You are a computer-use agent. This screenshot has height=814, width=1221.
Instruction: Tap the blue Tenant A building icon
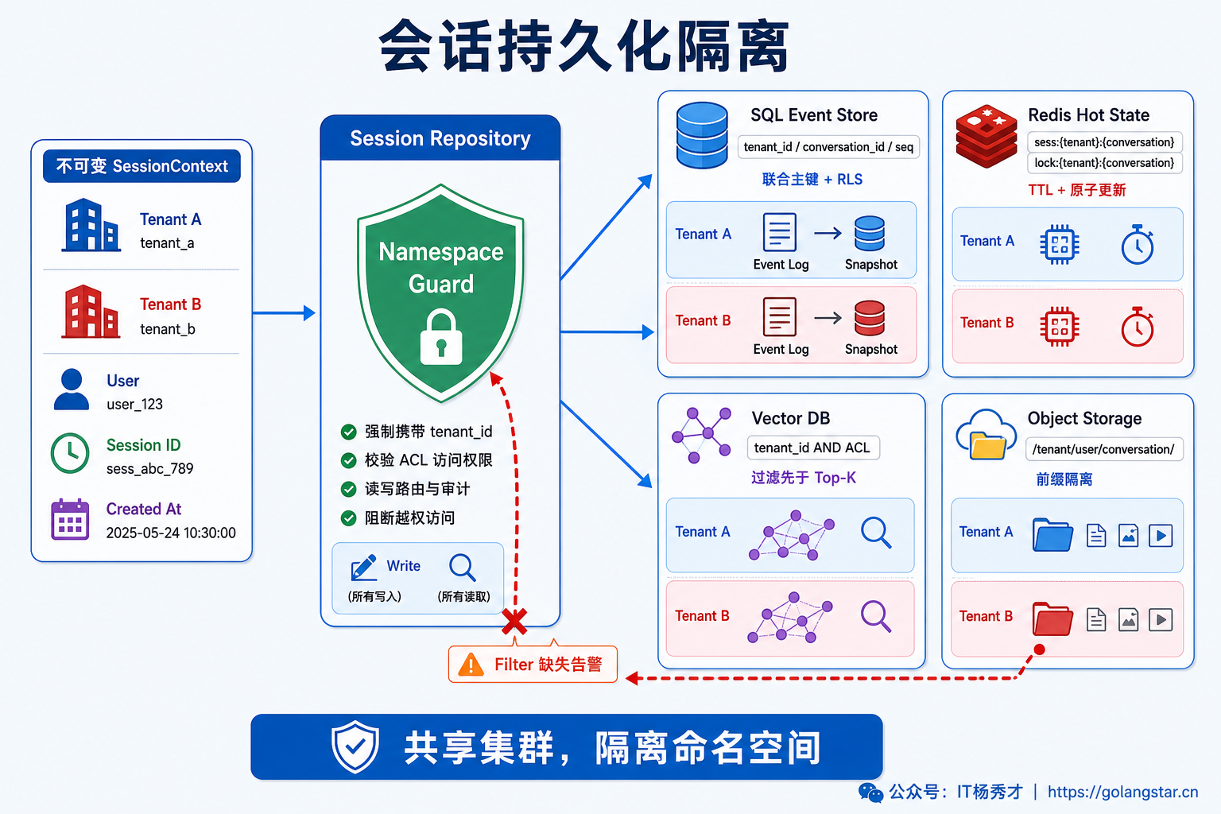[x=91, y=225]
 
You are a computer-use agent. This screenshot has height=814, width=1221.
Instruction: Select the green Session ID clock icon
[x=70, y=452]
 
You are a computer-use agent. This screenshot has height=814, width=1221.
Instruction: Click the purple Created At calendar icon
[x=70, y=519]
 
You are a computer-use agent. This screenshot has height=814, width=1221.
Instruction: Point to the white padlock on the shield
[x=441, y=336]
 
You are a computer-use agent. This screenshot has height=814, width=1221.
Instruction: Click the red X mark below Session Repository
[x=514, y=622]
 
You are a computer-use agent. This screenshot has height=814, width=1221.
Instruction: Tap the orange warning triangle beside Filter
[x=471, y=665]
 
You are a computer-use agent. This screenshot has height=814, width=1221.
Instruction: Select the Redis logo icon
[x=986, y=136]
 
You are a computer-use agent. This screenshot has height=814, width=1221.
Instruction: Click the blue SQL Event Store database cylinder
[x=702, y=134]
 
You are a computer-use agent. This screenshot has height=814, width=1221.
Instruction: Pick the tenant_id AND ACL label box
[x=813, y=448]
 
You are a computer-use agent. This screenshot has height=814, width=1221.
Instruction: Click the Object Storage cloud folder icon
[x=986, y=435]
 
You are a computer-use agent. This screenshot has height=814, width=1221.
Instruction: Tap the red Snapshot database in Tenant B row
[x=870, y=318]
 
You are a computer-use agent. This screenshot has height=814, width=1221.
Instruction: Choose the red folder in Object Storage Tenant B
[x=1052, y=618]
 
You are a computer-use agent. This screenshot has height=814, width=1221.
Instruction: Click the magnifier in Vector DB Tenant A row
[x=876, y=532]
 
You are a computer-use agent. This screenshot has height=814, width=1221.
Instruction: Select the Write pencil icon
[x=363, y=568]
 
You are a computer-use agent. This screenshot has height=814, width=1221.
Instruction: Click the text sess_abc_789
[x=150, y=469]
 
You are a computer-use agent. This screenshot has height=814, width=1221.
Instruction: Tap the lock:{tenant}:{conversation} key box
[x=1104, y=163]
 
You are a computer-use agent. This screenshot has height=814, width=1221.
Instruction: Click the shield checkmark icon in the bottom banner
[x=355, y=746]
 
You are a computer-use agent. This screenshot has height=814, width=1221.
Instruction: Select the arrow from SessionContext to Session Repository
[x=284, y=313]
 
